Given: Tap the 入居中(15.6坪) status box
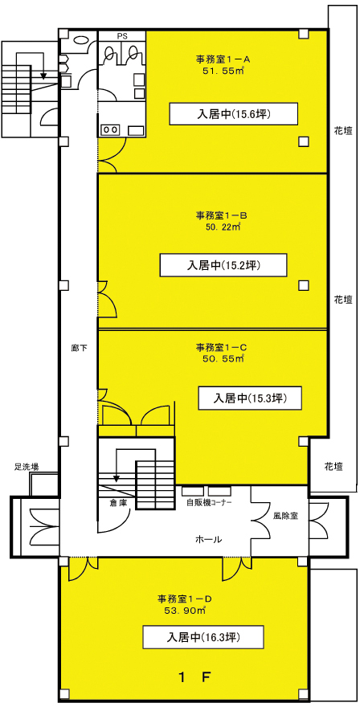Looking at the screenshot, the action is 234,113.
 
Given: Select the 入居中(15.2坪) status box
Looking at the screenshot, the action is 223,265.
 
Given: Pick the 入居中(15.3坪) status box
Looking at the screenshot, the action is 250,398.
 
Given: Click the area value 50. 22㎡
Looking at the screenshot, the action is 221,227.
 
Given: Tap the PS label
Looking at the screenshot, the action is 122,35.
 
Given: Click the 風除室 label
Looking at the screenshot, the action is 285,515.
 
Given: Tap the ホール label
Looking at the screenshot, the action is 208,539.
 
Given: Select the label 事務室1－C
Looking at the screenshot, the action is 219,348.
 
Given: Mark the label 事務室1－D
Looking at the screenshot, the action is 184,599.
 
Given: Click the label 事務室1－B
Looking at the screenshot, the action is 219,215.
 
